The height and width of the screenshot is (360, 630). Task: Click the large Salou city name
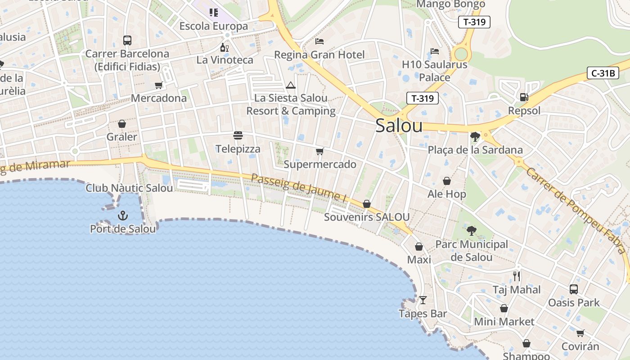click(399, 126)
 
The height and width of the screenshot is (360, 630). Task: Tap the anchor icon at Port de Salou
click(123, 216)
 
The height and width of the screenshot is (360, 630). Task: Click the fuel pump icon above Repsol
click(524, 97)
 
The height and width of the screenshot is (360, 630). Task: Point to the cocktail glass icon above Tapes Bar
click(423, 300)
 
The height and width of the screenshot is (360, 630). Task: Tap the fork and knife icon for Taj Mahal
click(517, 276)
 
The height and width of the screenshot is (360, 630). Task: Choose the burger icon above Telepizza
click(238, 135)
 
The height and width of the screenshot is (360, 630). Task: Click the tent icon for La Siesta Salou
click(291, 85)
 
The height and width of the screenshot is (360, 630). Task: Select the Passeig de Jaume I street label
click(298, 188)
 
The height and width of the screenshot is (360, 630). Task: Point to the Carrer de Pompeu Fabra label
click(577, 210)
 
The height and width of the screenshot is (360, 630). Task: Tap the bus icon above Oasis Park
click(574, 289)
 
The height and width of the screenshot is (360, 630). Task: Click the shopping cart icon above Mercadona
click(158, 85)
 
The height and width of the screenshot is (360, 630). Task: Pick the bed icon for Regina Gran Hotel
click(319, 41)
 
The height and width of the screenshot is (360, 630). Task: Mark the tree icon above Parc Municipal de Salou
click(471, 231)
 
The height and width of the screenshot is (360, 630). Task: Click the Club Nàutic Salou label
click(129, 188)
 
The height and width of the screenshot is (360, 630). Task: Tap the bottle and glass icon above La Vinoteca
click(224, 47)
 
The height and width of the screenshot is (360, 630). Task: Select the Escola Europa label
click(214, 26)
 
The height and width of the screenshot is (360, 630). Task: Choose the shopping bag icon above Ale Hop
click(447, 181)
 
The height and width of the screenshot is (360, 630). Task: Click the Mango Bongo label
click(450, 4)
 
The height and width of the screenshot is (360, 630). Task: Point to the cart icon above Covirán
click(580, 333)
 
